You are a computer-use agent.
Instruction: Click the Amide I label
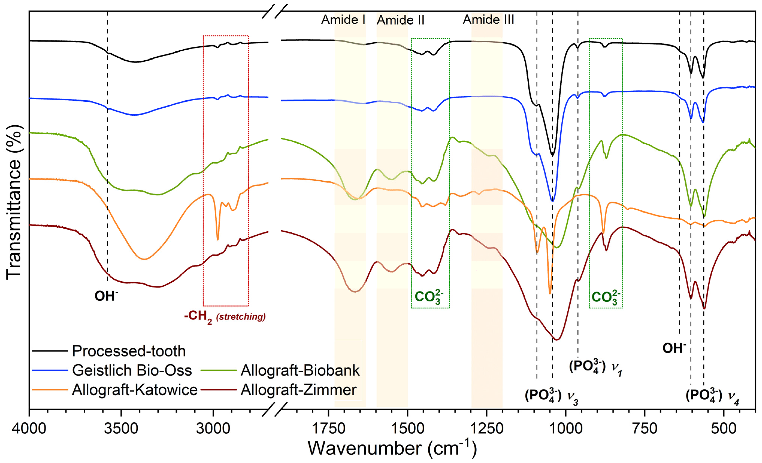(343, 20)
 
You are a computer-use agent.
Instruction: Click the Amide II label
(400, 20)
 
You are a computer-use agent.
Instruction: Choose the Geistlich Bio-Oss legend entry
(132, 370)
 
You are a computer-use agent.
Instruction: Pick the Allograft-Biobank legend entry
(300, 370)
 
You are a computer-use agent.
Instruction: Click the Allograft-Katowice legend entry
(135, 390)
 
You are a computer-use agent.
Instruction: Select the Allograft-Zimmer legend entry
(298, 390)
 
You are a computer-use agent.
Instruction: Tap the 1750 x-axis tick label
(328, 429)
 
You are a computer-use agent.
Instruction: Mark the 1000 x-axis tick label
(566, 429)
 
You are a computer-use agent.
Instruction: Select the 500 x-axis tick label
(724, 429)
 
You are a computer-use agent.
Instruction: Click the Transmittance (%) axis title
(14, 203)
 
